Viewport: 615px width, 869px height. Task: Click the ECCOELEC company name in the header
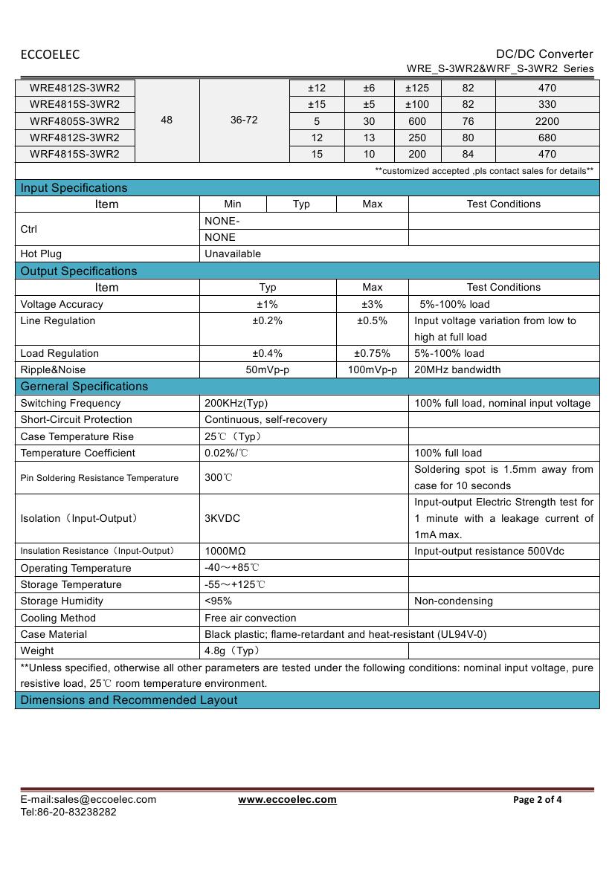click(50, 54)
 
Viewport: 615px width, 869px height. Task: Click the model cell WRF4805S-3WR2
click(74, 121)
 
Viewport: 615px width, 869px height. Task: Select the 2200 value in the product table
click(547, 121)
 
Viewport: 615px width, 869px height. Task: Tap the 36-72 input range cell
click(244, 120)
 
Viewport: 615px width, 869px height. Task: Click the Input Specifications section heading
click(74, 188)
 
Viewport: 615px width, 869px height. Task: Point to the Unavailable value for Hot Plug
click(233, 254)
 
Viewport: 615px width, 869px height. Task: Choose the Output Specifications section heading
click(79, 271)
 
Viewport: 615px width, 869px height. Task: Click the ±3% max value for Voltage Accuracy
click(372, 304)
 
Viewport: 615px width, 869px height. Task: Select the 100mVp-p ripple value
click(372, 370)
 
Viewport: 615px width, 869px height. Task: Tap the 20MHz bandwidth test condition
click(457, 370)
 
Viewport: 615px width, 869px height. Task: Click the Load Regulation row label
click(59, 354)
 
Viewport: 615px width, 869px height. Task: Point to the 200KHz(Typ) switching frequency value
click(236, 404)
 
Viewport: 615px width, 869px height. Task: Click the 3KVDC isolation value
click(222, 518)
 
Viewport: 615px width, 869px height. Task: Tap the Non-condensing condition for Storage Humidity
click(454, 601)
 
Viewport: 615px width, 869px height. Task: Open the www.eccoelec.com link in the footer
click(287, 800)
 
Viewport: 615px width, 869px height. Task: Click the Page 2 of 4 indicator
click(538, 800)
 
